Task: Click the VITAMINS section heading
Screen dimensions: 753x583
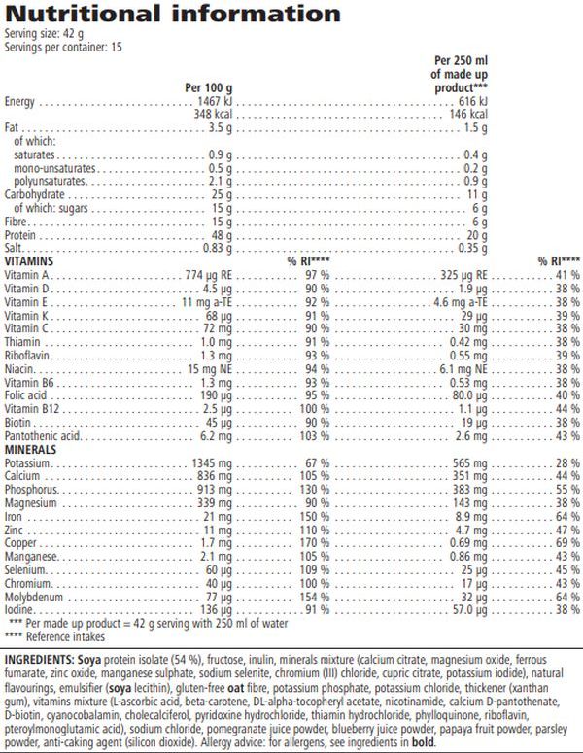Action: (28, 262)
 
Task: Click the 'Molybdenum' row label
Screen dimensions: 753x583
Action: (31, 596)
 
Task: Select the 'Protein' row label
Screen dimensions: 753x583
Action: (20, 234)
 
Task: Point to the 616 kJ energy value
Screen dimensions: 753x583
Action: (470, 101)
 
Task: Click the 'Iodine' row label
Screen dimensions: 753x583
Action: (19, 609)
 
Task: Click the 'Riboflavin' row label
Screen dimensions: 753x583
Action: (27, 357)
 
